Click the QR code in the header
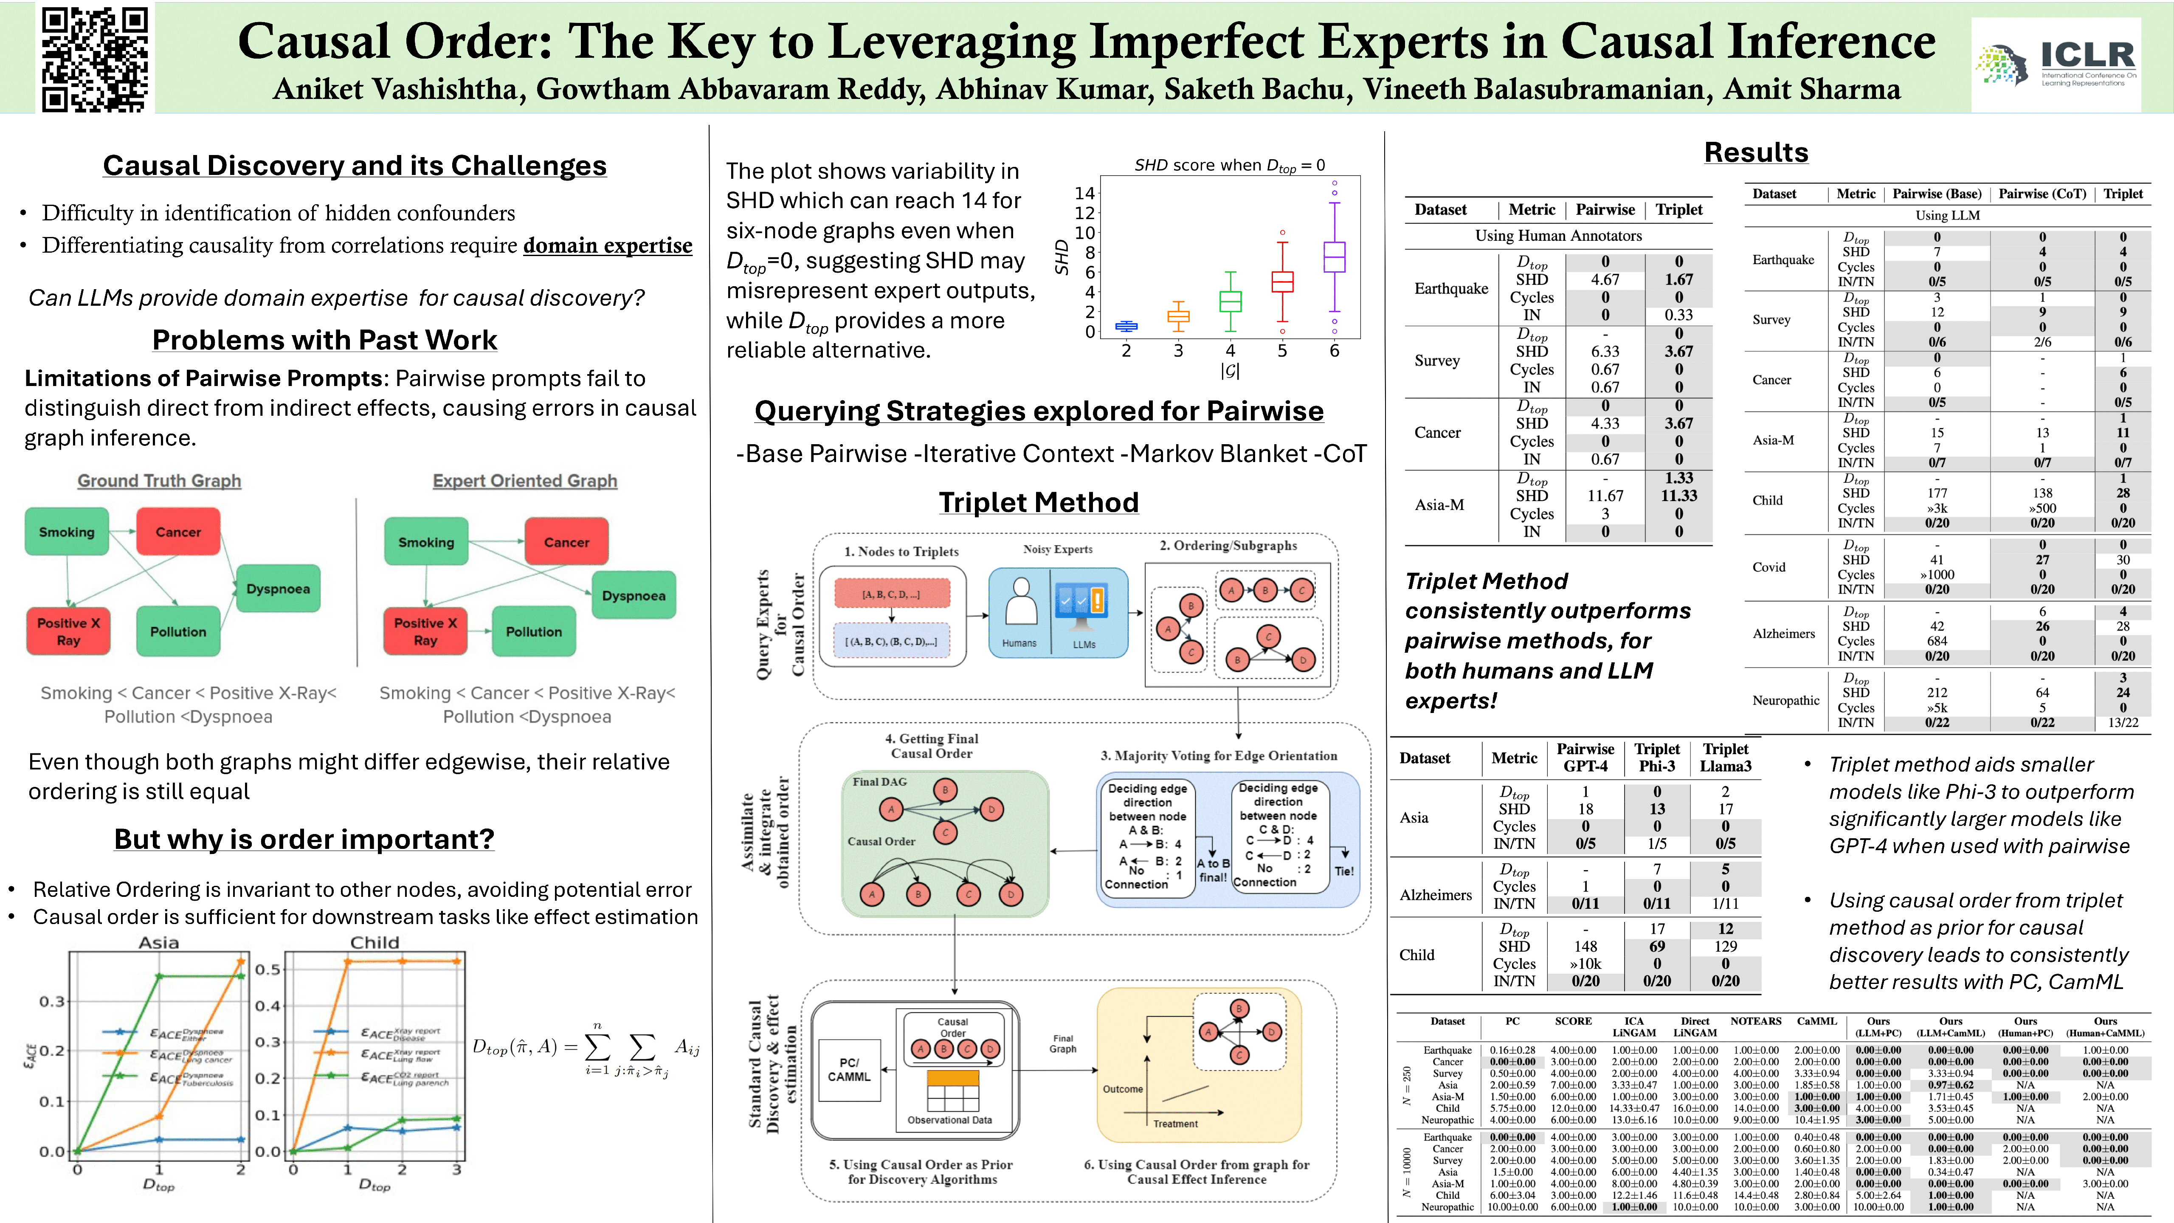(x=96, y=59)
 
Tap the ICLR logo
(x=2056, y=63)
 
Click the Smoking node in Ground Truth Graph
(x=67, y=532)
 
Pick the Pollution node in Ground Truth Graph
(x=178, y=631)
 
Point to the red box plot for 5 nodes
(x=1282, y=281)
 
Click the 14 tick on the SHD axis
(x=1084, y=193)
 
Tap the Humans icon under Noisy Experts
(x=1020, y=603)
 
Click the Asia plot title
(x=159, y=942)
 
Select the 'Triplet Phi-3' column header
(x=1657, y=757)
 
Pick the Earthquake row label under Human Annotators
(x=1451, y=289)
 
